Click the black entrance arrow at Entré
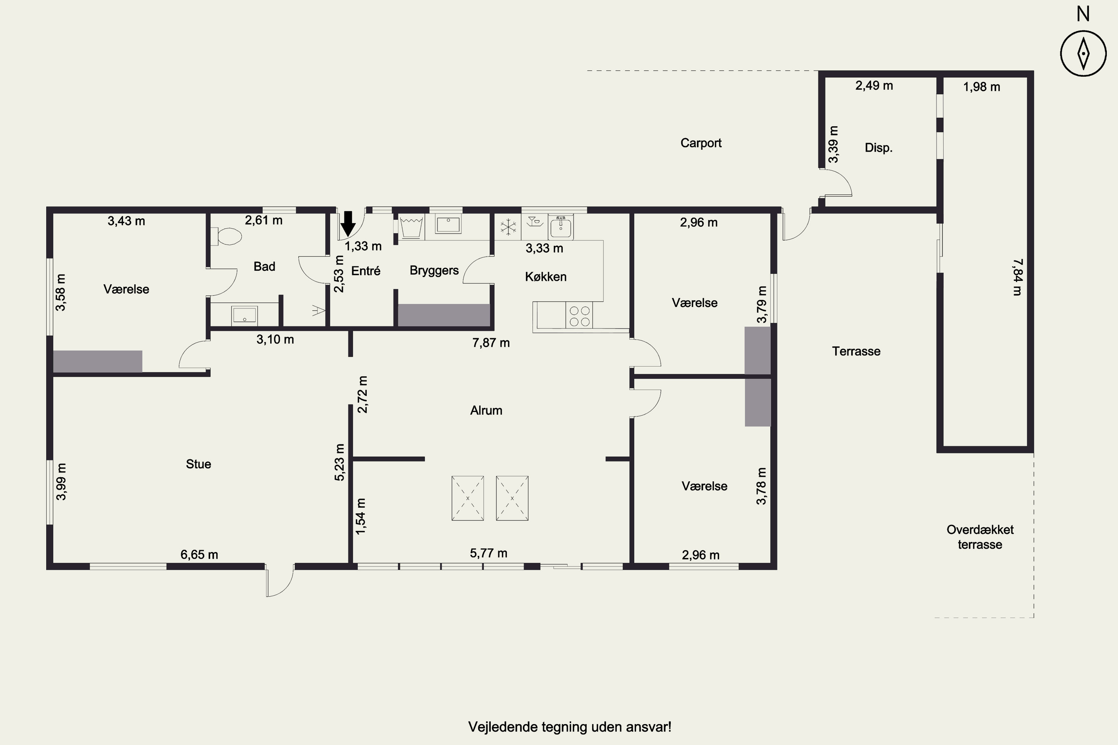click(x=348, y=223)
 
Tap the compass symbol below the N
click(x=1083, y=54)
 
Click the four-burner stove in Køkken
click(x=579, y=316)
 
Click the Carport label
click(x=701, y=143)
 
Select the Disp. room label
click(x=878, y=148)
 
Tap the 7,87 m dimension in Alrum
click(x=491, y=343)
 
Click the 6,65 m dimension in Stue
click(x=199, y=555)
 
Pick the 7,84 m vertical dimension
click(x=1017, y=277)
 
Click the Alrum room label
click(x=486, y=410)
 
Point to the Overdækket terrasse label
click(x=980, y=537)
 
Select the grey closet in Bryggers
click(x=444, y=315)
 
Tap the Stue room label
click(x=198, y=464)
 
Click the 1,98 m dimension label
click(x=982, y=87)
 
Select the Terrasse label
click(x=856, y=351)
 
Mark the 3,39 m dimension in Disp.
click(x=833, y=145)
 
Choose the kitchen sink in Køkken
click(x=561, y=226)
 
